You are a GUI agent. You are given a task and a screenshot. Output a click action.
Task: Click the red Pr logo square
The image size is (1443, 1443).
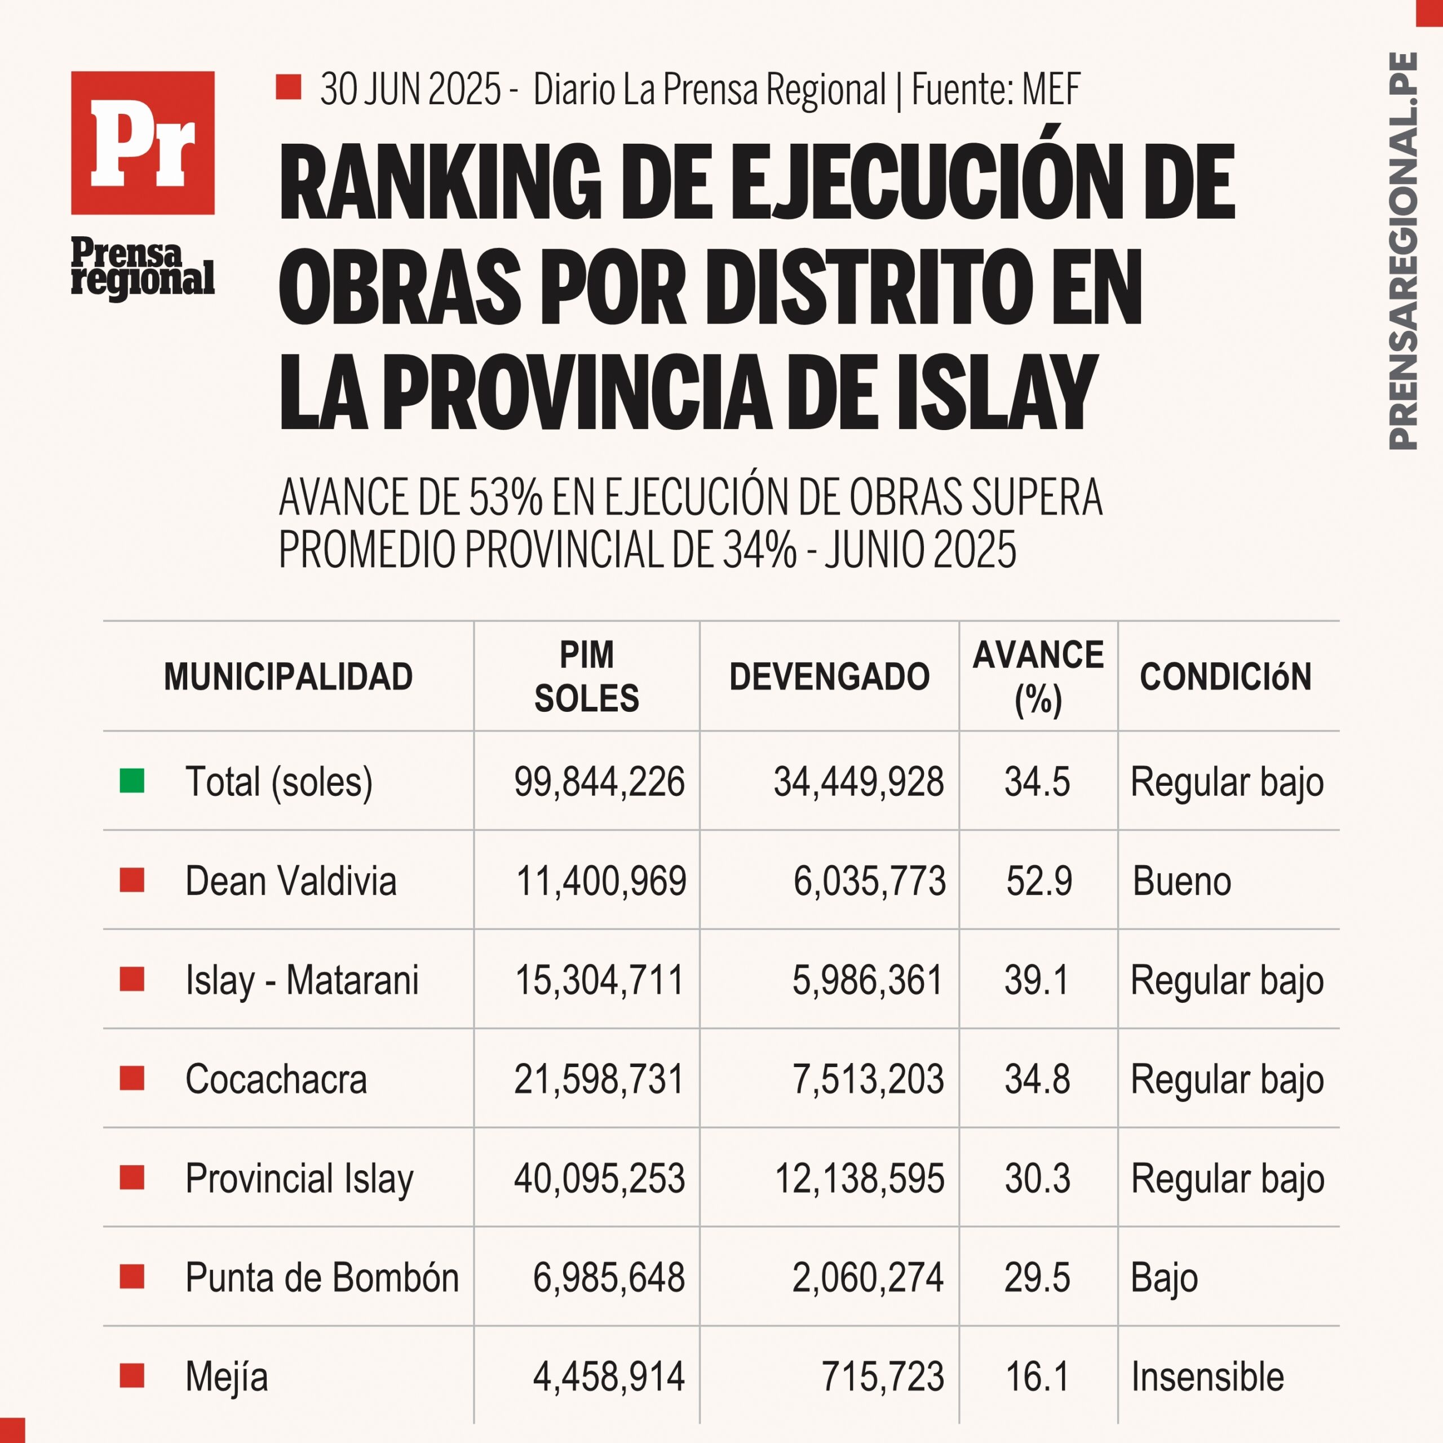pos(143,143)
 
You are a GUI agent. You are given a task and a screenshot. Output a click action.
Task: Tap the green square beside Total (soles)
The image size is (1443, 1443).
pos(132,781)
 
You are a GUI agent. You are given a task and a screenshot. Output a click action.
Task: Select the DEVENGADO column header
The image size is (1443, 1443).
pos(829,676)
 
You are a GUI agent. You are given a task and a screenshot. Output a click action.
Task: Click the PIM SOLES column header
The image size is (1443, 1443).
pos(587,676)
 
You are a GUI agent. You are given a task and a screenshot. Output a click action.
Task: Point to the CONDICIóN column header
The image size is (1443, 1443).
pos(1225,676)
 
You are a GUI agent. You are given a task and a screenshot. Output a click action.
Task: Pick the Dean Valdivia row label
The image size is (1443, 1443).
pos(290,880)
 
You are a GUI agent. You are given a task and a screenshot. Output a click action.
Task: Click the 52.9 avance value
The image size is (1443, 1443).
pos(1039,880)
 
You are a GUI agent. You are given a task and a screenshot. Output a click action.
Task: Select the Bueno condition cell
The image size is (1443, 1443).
pos(1181,880)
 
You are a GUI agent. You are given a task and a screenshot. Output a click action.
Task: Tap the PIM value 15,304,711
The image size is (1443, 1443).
pos(600,980)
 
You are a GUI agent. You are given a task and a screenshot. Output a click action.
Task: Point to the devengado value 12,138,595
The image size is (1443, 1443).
pos(860,1179)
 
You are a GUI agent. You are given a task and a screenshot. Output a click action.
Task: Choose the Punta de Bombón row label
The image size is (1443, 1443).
pos(322,1277)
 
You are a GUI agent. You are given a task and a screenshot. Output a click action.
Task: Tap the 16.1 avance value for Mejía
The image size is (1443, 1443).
pos(1037,1376)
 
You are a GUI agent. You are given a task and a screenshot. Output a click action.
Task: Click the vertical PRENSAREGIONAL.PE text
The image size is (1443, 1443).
pos(1402,251)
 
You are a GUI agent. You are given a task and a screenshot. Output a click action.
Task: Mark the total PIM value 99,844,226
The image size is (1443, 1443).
pos(599,782)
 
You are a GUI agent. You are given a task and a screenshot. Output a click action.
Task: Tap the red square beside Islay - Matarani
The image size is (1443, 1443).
pos(132,979)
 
